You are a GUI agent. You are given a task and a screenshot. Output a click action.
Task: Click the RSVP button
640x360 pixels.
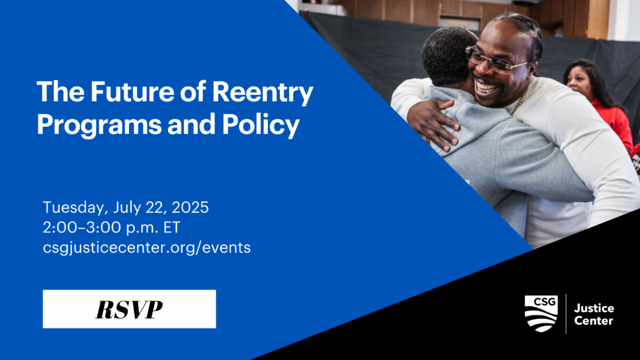(x=129, y=309)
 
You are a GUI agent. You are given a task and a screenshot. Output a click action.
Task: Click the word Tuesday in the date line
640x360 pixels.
(x=70, y=207)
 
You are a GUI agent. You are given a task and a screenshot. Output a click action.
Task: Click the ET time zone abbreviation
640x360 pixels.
(x=172, y=227)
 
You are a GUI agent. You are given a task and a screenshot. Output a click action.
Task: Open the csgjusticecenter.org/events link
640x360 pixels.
(x=147, y=247)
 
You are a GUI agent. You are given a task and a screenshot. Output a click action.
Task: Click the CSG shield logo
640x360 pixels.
(x=541, y=313)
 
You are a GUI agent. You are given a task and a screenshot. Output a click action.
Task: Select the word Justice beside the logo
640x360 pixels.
(x=594, y=308)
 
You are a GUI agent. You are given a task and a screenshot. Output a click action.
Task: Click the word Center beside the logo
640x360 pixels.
(x=594, y=321)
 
